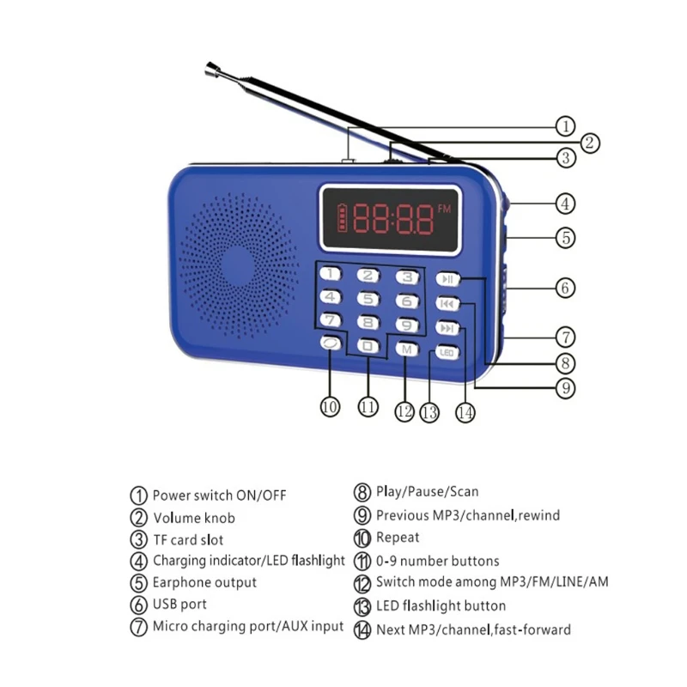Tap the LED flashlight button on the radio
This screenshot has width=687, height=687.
[447, 353]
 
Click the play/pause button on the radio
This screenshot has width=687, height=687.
[447, 279]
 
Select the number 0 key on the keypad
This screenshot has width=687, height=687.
[368, 346]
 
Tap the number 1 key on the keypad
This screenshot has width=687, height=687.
[330, 274]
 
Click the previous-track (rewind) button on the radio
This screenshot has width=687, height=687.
[447, 303]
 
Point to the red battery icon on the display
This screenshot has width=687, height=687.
[341, 217]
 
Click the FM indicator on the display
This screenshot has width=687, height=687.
[444, 209]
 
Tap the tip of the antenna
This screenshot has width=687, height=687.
[210, 66]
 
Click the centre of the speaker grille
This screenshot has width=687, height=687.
[239, 265]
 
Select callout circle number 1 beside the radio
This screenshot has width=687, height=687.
[565, 126]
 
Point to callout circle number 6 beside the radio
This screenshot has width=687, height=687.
[565, 288]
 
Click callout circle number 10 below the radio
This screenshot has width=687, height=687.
[330, 407]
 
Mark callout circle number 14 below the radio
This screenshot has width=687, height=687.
[465, 412]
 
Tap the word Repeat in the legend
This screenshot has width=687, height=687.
[398, 538]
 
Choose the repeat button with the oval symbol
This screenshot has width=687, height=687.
[330, 343]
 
